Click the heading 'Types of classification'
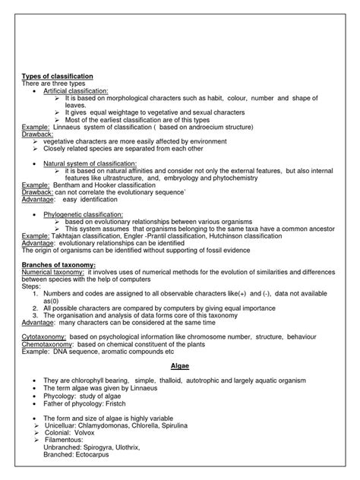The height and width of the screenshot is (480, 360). pyautogui.click(x=57, y=77)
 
